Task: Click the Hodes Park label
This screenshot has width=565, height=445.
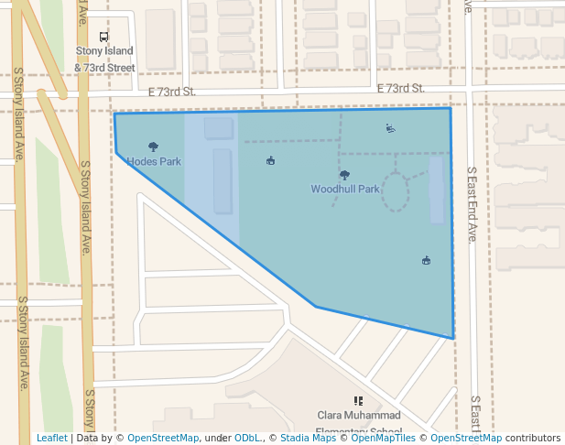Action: coord(153,162)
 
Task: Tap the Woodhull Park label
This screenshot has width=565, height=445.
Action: coord(344,190)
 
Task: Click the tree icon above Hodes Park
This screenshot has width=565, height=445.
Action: coord(153,147)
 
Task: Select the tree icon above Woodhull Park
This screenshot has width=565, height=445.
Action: coord(344,175)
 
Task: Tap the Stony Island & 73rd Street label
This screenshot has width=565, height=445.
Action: coord(104,60)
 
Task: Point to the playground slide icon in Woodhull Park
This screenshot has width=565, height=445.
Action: coord(391,128)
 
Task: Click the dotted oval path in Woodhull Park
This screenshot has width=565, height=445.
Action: coord(395,192)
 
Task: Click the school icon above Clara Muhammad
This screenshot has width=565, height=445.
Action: coord(358,401)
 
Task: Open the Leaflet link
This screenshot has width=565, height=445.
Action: coord(51,439)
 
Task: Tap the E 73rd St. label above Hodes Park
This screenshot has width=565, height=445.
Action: coord(172,92)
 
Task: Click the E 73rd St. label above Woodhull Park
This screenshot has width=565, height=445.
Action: coord(402,89)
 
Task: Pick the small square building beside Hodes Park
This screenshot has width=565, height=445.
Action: coord(218,127)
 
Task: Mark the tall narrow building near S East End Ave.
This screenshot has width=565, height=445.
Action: coord(437,190)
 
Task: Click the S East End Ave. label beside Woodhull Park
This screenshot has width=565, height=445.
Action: coord(472,204)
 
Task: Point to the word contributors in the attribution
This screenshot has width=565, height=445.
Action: coord(533,439)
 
